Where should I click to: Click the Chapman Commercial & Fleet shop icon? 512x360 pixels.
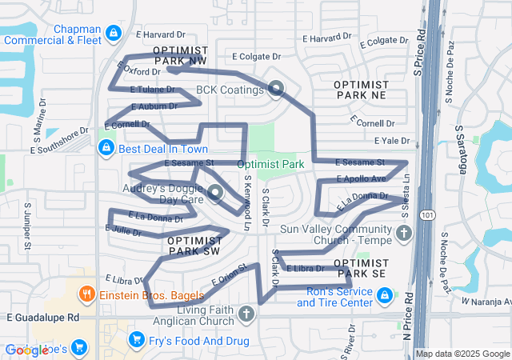tap(114, 33)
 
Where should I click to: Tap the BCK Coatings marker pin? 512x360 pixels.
tap(276, 90)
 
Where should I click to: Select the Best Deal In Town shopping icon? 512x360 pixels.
tap(106, 149)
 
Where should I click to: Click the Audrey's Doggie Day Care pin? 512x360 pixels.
tap(215, 192)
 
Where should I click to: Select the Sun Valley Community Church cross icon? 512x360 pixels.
tap(404, 234)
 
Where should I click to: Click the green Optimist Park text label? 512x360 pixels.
tap(271, 164)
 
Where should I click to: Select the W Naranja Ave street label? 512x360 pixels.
tap(486, 301)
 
